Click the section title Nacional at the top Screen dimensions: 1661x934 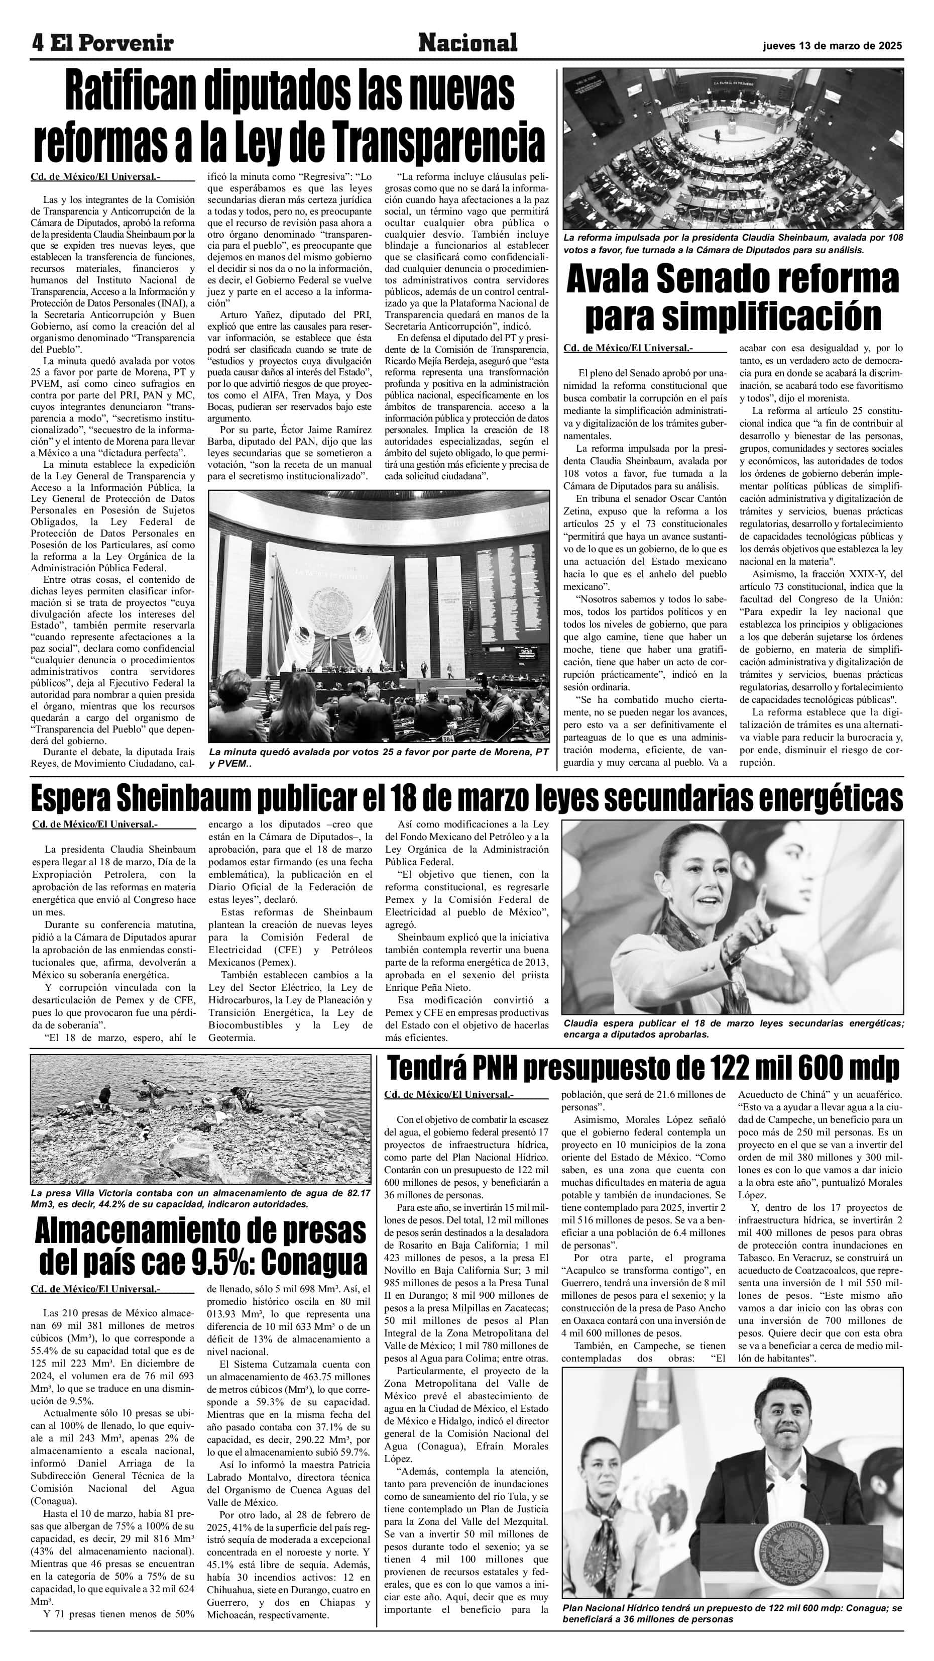click(468, 43)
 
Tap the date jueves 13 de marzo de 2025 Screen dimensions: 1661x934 click(832, 46)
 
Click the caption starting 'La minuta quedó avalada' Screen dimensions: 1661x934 click(378, 758)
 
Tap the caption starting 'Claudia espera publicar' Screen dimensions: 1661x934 click(732, 1028)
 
